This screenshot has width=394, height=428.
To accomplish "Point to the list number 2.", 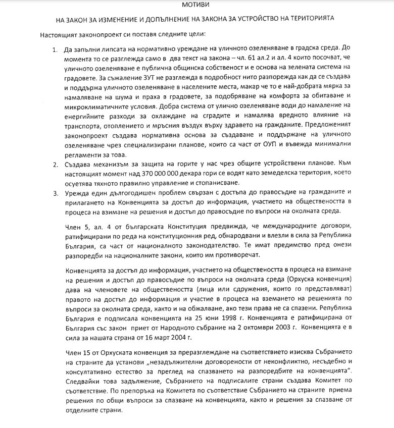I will (x=56, y=164).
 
